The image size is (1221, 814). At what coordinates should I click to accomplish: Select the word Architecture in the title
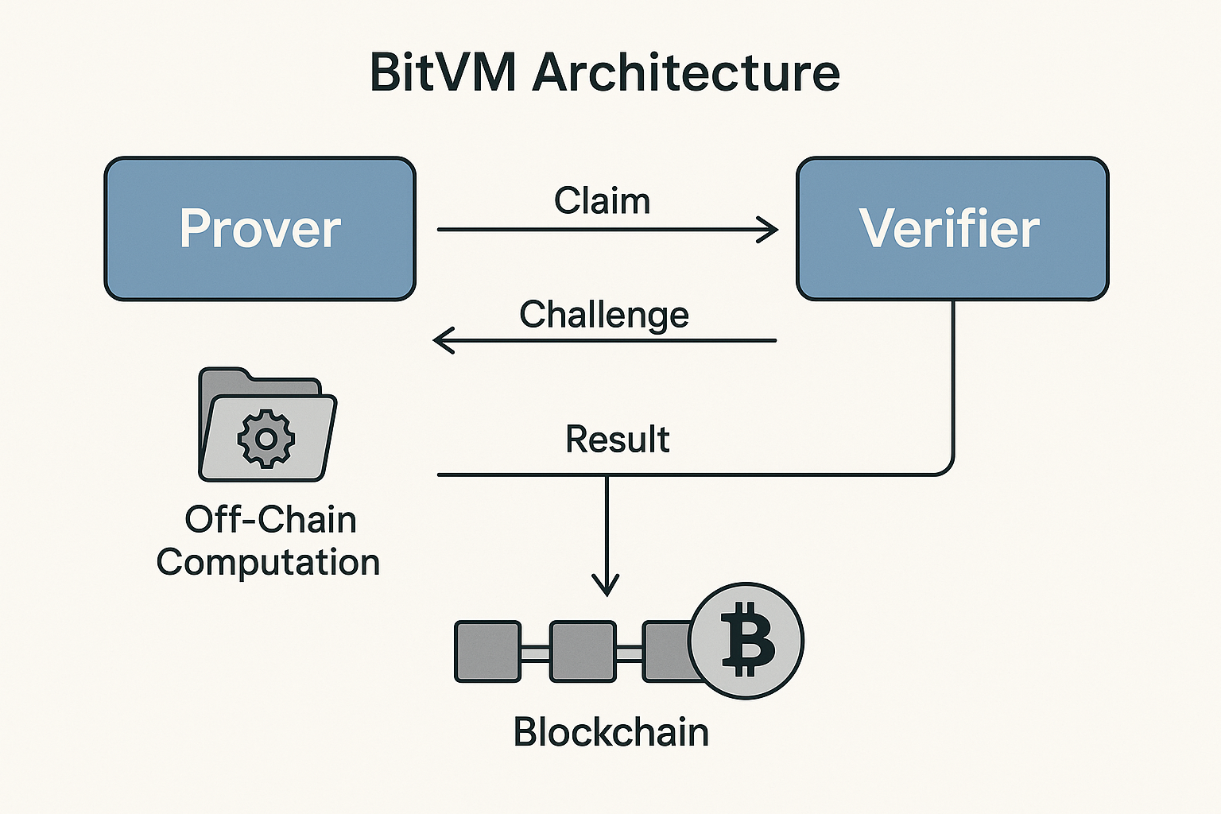click(x=685, y=72)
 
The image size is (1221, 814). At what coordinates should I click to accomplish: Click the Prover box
click(x=260, y=229)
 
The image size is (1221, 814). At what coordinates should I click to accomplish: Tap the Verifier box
click(x=952, y=229)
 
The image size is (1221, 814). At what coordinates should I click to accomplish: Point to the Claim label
click(x=602, y=200)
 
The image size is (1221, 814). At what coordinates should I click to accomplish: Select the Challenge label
click(x=603, y=315)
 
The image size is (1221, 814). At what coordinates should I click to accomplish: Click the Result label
click(x=617, y=439)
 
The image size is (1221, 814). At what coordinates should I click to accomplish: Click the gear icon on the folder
click(x=266, y=438)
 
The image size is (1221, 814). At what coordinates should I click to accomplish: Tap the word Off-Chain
click(x=270, y=520)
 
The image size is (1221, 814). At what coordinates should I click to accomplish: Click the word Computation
click(x=268, y=562)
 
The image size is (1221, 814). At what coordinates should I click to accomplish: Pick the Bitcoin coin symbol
click(x=746, y=641)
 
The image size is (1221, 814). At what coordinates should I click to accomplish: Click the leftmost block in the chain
click(x=487, y=652)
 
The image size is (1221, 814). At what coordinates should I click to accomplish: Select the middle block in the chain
click(x=583, y=652)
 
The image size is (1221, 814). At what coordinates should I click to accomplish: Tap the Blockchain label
click(x=610, y=731)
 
